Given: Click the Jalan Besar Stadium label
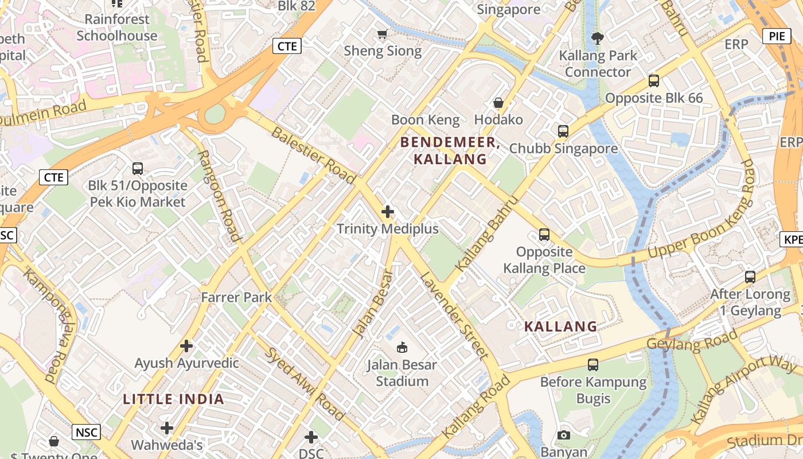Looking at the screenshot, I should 402,373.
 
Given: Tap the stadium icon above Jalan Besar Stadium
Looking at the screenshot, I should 402,347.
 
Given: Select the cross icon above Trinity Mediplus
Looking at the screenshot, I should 388,212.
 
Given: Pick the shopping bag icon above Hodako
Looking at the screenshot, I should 498,103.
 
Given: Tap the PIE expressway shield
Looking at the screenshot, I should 777,36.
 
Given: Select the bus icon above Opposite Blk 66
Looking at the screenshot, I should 654,81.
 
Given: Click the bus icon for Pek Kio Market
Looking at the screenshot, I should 138,169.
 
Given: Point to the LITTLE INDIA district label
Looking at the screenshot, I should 173,399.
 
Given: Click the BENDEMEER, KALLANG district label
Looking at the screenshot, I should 450,150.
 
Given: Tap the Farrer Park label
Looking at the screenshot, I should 236,297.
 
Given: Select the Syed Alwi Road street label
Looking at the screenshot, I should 305,383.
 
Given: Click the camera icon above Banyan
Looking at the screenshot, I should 564,435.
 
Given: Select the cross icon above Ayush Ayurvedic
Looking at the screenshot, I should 186,346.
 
